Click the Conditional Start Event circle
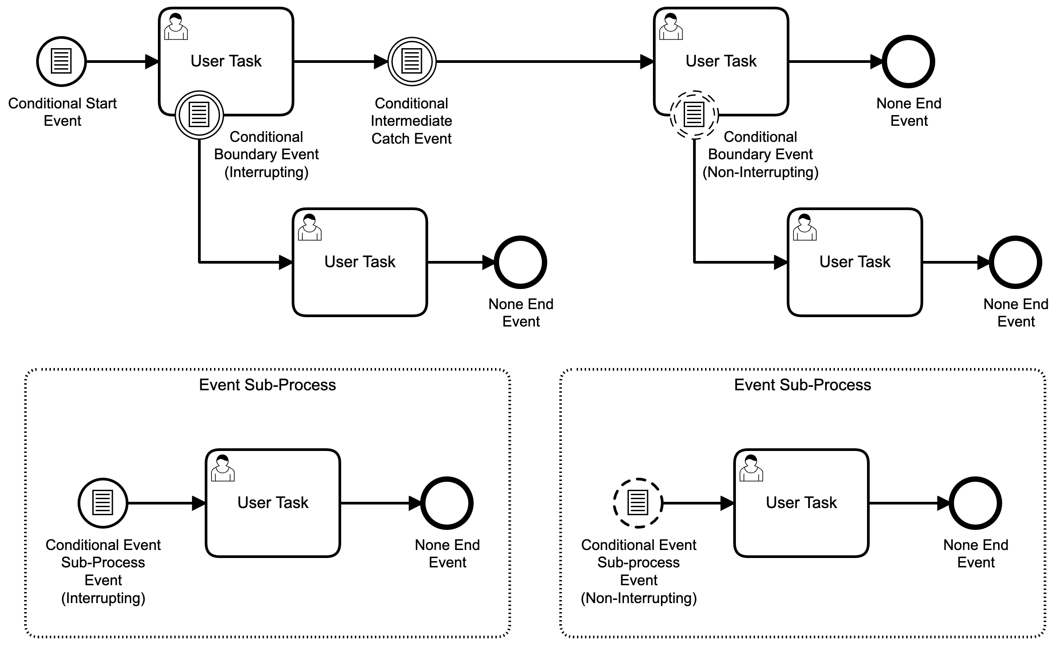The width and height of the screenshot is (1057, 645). click(61, 62)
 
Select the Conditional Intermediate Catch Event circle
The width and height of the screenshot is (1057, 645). click(412, 62)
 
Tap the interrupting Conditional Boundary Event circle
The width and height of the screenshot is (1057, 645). click(199, 115)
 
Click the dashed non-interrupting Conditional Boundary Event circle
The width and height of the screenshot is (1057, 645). click(694, 115)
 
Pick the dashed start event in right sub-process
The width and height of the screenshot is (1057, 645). click(638, 503)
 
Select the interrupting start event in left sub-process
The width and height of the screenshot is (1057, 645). click(103, 503)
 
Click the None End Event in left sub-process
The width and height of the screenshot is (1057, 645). click(447, 503)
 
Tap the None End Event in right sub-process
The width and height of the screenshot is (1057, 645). click(975, 503)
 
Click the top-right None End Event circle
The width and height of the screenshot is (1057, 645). click(908, 62)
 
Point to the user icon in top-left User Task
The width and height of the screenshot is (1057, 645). click(176, 27)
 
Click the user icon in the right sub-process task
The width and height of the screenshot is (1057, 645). click(751, 468)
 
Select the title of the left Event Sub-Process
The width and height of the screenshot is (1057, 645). click(267, 385)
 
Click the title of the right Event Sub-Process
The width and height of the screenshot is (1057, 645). click(802, 385)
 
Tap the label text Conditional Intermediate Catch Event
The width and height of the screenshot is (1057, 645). click(411, 121)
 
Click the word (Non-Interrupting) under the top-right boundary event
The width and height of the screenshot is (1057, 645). click(760, 172)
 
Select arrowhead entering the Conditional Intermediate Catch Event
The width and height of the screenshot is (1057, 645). click(380, 62)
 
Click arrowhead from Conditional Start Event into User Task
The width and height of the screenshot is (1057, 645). click(152, 62)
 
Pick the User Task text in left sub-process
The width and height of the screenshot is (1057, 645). click(273, 503)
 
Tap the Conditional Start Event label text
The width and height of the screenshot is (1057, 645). click(62, 112)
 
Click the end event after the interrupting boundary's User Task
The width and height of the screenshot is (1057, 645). click(520, 262)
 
